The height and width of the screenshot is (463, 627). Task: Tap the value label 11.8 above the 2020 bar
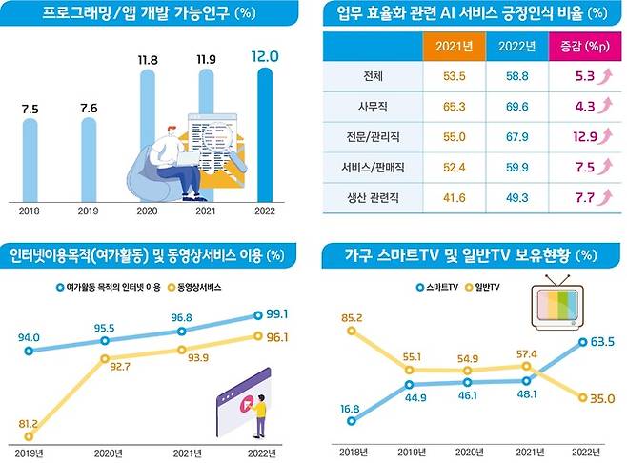click(149, 60)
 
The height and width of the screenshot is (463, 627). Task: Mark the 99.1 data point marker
click(257, 315)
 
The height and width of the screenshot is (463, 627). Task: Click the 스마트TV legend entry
click(435, 286)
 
